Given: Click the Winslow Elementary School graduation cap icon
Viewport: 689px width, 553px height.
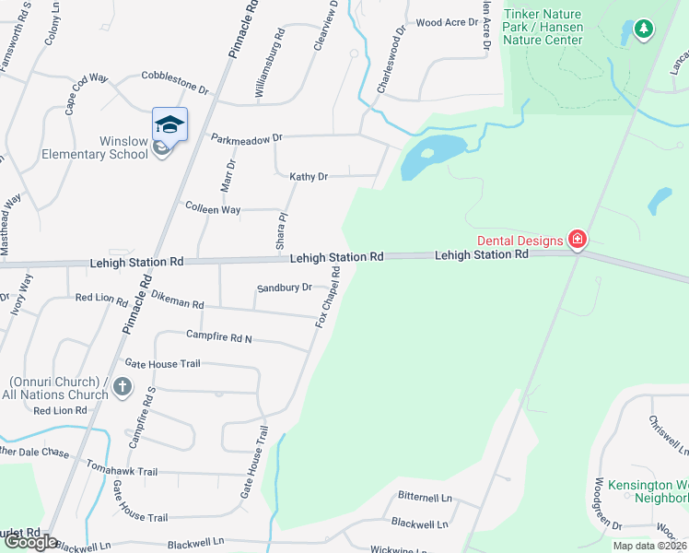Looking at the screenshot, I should point(169,124).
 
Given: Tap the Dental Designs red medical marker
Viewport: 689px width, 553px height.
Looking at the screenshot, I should point(578,241).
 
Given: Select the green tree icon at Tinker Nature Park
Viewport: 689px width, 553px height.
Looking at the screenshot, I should point(643,29).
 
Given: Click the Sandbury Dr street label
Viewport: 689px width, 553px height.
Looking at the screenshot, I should point(285,288).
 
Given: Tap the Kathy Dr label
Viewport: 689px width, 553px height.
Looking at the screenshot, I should point(309,176).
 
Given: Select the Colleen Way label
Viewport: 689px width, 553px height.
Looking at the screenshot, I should point(213,209).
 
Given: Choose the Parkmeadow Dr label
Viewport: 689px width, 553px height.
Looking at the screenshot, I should point(246,138).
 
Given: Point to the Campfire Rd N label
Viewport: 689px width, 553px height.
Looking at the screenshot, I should point(219,336).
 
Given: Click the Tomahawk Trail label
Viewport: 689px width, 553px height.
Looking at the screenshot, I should point(123,471).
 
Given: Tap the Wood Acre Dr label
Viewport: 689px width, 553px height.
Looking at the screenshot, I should point(450,22).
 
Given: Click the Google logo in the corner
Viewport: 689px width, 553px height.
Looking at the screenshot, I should point(29,543).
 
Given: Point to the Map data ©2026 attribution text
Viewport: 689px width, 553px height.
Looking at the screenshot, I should point(650,546).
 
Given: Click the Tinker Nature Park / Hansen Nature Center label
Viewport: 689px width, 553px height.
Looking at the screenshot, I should point(543,27).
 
